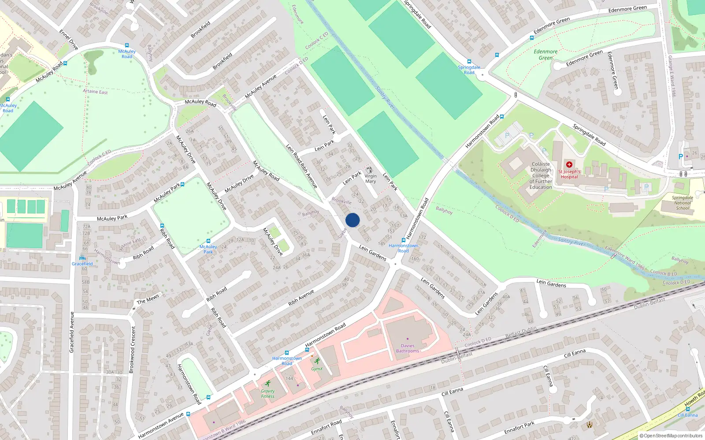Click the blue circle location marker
coord(352,220)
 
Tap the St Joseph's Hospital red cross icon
coord(569,165)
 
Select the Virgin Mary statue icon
coord(370,170)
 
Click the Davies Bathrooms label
coord(408,348)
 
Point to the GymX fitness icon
coord(317,361)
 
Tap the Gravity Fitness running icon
coord(267,383)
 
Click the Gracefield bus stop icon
coord(82,258)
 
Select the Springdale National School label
coord(683,203)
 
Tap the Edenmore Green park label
coord(545,55)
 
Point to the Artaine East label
coord(95,92)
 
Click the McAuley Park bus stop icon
coord(208,241)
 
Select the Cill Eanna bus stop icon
coord(687,409)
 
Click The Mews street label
coord(148,299)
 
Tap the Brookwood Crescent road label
coord(132,349)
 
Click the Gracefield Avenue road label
coord(72,332)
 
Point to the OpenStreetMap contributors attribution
coord(671,436)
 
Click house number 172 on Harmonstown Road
coord(422,237)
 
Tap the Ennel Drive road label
coord(68,40)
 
